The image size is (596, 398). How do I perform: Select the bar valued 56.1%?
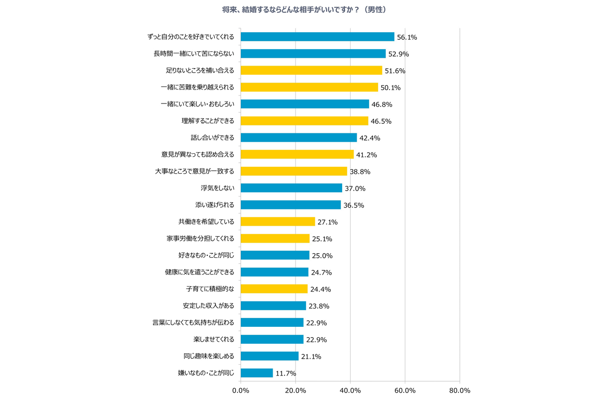pyautogui.click(x=317, y=37)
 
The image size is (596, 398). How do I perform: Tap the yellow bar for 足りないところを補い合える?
pyautogui.click(x=311, y=70)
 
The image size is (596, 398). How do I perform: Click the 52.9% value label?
pyautogui.click(x=398, y=54)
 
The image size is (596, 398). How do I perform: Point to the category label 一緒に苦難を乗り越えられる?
pyautogui.click(x=201, y=87)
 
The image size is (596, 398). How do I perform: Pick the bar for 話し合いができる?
pyautogui.click(x=298, y=137)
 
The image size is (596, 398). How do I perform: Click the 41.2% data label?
pyautogui.click(x=367, y=155)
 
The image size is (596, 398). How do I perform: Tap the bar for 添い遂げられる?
pyautogui.click(x=291, y=204)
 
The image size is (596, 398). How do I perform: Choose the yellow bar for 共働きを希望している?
pyautogui.click(x=278, y=221)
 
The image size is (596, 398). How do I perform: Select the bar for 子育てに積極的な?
pyautogui.click(x=274, y=289)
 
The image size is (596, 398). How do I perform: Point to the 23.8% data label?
pyautogui.click(x=319, y=306)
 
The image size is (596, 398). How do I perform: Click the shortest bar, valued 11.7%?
pyautogui.click(x=257, y=373)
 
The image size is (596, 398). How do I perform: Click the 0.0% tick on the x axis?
pyautogui.click(x=241, y=391)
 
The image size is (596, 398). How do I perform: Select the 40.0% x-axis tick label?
pyautogui.click(x=350, y=391)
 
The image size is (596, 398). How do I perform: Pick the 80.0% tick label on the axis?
pyautogui.click(x=459, y=391)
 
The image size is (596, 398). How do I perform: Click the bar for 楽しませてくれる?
pyautogui.click(x=272, y=339)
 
